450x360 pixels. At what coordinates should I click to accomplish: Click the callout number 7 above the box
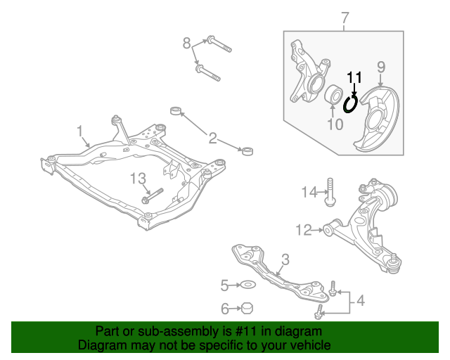[x=345, y=18]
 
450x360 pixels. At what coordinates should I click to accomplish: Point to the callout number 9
[x=381, y=67]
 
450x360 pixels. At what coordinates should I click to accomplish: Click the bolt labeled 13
[x=153, y=195]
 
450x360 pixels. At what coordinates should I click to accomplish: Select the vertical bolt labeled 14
[x=330, y=192]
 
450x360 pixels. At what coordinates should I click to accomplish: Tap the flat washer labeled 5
[x=248, y=285]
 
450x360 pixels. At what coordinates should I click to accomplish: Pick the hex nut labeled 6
[x=247, y=308]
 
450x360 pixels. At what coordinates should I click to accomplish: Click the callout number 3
[x=285, y=259]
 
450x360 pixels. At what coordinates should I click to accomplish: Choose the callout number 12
[x=304, y=230]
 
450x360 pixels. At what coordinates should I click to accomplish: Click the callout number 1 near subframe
[x=80, y=131]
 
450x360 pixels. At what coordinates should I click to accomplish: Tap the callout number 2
[x=212, y=138]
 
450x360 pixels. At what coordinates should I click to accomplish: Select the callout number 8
[x=187, y=44]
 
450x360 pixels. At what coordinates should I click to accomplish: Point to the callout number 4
[x=361, y=300]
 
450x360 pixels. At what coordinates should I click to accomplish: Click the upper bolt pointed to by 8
[x=219, y=44]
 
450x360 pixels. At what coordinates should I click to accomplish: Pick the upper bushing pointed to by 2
[x=176, y=110]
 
